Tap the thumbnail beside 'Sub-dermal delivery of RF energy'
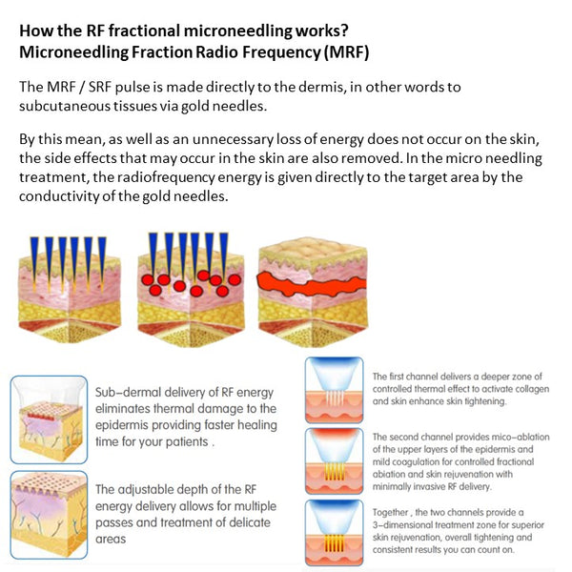tap(49, 419)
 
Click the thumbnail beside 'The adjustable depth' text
tap(49, 515)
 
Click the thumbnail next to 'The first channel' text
tap(335, 390)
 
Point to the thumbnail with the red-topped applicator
tap(335, 461)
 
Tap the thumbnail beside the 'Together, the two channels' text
tap(335, 533)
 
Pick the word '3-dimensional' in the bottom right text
tap(400, 525)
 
